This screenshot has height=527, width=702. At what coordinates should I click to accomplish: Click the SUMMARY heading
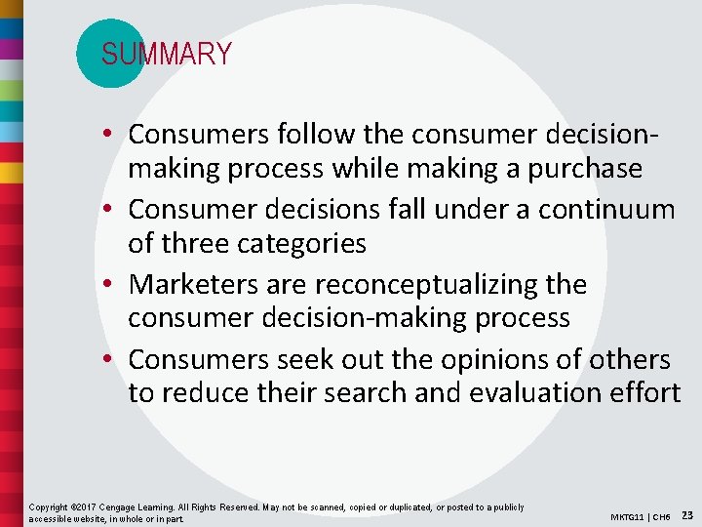tap(167, 54)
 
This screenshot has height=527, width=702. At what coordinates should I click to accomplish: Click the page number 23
tap(687, 514)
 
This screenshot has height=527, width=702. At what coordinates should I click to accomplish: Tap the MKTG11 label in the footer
tap(628, 516)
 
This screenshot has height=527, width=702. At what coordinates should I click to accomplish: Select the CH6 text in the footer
tap(662, 516)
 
